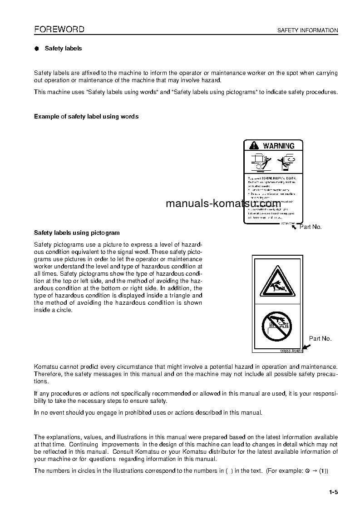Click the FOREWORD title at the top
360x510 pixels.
click(59, 30)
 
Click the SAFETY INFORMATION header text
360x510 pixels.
click(307, 30)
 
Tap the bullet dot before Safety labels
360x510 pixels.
click(37, 49)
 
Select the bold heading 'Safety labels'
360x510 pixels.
click(63, 48)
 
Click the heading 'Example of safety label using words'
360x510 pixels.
click(86, 116)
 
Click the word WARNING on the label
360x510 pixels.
click(279, 146)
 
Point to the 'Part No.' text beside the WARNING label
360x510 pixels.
click(311, 227)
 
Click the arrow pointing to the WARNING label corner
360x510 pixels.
click(294, 226)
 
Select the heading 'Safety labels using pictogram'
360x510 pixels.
click(77, 233)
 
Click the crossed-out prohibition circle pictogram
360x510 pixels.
click(276, 326)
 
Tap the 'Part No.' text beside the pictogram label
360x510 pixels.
click(320, 338)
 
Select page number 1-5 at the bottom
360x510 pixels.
click(334, 492)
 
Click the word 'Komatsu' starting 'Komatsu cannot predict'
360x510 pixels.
click(46, 366)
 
